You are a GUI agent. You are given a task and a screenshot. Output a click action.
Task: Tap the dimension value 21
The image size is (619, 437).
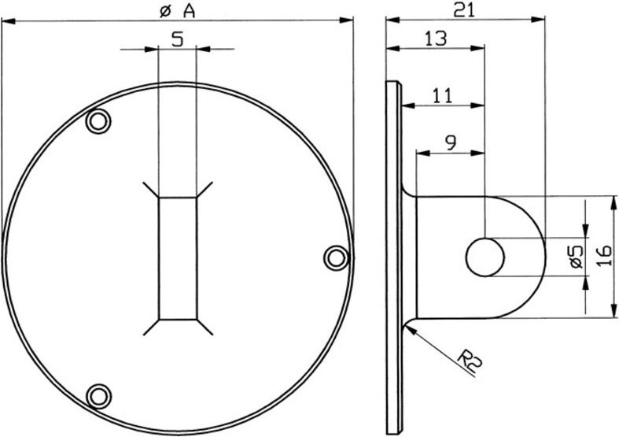coord(463,9)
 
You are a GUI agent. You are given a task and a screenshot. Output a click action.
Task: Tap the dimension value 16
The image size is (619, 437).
coord(603,257)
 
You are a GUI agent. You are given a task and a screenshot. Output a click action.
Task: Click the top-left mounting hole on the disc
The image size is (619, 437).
coord(98,120)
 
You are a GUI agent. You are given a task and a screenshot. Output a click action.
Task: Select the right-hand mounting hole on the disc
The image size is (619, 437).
coord(335,257)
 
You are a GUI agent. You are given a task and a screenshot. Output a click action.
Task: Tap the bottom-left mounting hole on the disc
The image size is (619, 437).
coord(98,394)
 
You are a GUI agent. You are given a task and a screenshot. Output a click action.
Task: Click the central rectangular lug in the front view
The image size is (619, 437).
coord(177,258)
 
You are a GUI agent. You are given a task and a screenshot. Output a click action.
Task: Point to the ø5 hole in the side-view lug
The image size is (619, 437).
coord(485,257)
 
